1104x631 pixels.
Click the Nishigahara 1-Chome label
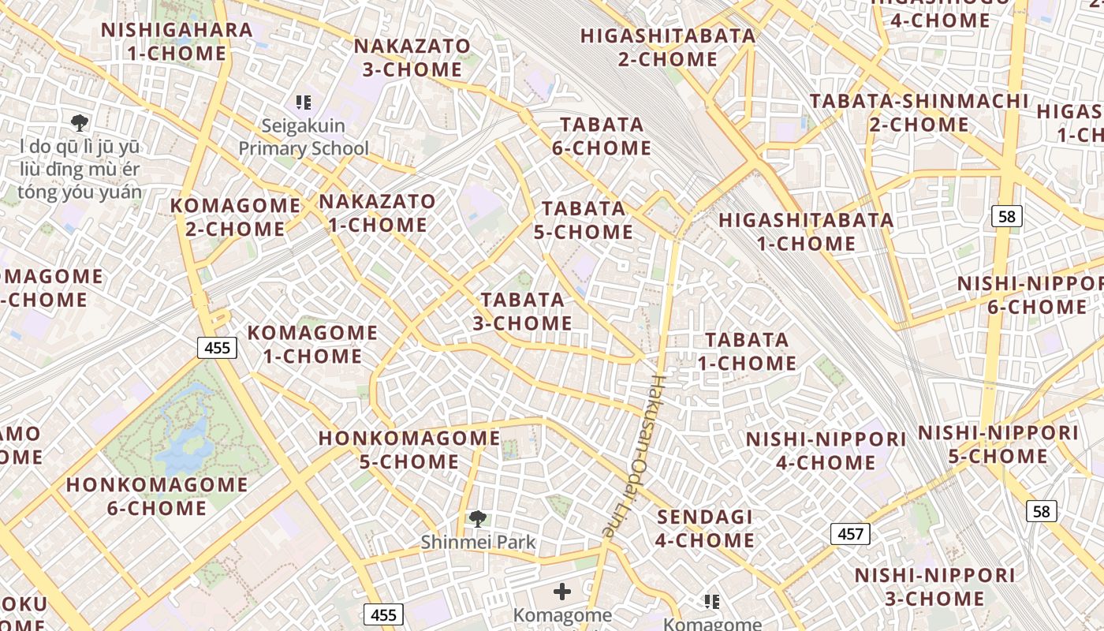pos(177,42)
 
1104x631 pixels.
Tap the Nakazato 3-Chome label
pos(412,58)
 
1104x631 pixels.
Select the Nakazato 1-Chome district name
pos(377,213)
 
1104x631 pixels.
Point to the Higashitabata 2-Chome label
pos(668,47)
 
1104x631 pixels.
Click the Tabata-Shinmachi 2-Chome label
pos(919,113)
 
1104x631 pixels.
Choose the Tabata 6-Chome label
pos(605,136)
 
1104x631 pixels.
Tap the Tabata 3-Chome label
pos(523,312)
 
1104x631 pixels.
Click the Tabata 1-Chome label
pos(747,352)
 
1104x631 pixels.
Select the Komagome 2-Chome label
pos(235,218)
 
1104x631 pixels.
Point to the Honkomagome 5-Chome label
pos(409,450)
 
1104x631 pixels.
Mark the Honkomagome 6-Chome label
pos(157,496)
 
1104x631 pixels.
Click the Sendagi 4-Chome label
pos(705,528)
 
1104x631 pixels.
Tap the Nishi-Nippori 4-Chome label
pos(826,450)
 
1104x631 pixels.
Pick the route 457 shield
pos(850,534)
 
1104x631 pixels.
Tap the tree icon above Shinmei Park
pos(477,518)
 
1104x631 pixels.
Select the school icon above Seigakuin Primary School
pos(304,102)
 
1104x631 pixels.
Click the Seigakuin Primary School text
pos(304,137)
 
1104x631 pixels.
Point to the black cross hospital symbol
pos(562,591)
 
